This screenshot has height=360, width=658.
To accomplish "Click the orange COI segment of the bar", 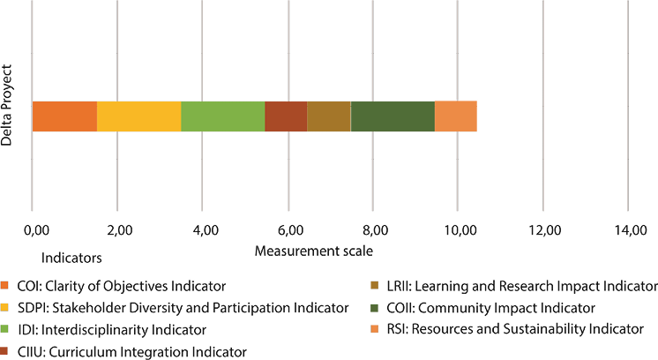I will click(x=64, y=116).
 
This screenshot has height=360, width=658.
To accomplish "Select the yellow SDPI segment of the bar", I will click(x=138, y=116).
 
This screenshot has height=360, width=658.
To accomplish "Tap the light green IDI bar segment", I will click(x=222, y=116).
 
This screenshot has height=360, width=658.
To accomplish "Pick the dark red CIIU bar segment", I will click(x=286, y=116).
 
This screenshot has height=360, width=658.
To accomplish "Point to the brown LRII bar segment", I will click(x=328, y=116).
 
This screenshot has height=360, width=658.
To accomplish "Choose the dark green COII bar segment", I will click(x=393, y=116).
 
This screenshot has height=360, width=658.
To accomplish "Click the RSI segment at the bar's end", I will click(x=456, y=116).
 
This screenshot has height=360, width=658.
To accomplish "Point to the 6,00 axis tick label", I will click(x=290, y=231).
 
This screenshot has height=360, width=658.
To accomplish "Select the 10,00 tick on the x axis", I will click(x=459, y=231).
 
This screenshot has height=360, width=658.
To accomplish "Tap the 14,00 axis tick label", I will click(x=628, y=231).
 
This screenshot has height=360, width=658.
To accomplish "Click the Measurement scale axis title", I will click(x=314, y=251).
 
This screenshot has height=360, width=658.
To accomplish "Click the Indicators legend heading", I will click(x=72, y=259).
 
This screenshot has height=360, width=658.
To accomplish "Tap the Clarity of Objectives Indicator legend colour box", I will click(x=7, y=286).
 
